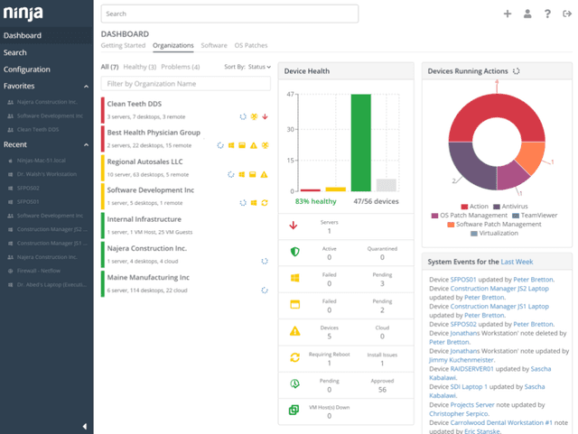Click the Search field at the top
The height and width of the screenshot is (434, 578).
229,14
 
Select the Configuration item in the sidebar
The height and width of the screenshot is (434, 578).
27,69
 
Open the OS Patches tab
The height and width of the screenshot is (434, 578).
251,45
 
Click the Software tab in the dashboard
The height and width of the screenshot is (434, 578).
214,45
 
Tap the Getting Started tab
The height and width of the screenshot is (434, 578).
123,45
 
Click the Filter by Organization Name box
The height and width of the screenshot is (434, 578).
185,84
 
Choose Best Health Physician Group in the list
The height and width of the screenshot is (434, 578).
154,133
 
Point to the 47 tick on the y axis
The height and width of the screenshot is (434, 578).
291,94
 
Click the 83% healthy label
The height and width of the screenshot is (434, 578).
315,202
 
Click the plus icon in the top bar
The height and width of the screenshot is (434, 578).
508,14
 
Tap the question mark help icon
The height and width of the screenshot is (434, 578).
547,14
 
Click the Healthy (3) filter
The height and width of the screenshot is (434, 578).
140,67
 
